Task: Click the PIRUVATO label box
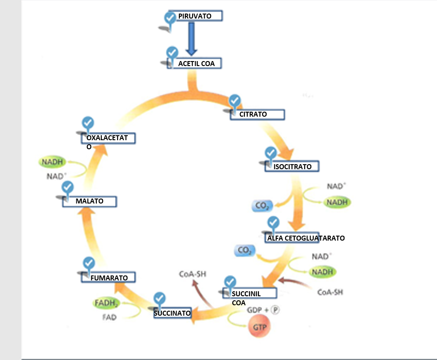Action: tap(196, 16)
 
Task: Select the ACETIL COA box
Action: tap(196, 64)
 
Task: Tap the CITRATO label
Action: tap(258, 114)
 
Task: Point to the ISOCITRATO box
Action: tap(292, 166)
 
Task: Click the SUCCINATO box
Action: tap(172, 313)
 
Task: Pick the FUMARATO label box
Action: tap(109, 277)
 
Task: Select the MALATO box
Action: tap(89, 201)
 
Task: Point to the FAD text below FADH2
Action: tap(109, 317)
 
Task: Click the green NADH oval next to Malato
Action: tap(52, 162)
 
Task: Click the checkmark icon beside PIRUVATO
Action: tap(170, 18)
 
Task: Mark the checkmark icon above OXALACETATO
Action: tap(88, 123)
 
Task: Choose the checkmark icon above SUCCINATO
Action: tap(160, 298)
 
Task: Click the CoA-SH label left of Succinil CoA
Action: tap(193, 274)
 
